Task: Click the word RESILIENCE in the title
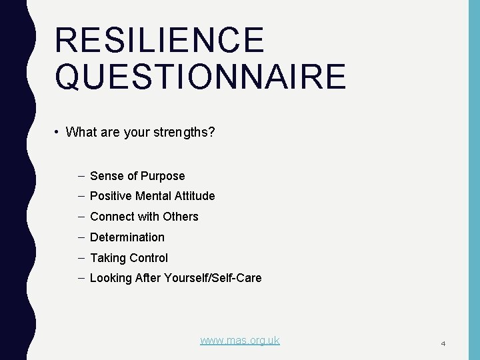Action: pos(159,40)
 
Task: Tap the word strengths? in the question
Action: pos(185,132)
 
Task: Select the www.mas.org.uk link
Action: pos(240,340)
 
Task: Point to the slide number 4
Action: pos(443,343)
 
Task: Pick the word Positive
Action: pos(110,196)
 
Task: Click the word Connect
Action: pos(111,217)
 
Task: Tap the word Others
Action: pos(181,217)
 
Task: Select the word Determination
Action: pos(127,237)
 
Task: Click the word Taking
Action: pos(107,258)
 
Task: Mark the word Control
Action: pos(147,258)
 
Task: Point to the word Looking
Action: pos(110,278)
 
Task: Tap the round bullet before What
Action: pos(58,132)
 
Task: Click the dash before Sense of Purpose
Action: pos(81,176)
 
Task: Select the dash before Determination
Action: pos(81,237)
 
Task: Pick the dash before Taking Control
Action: pos(81,258)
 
